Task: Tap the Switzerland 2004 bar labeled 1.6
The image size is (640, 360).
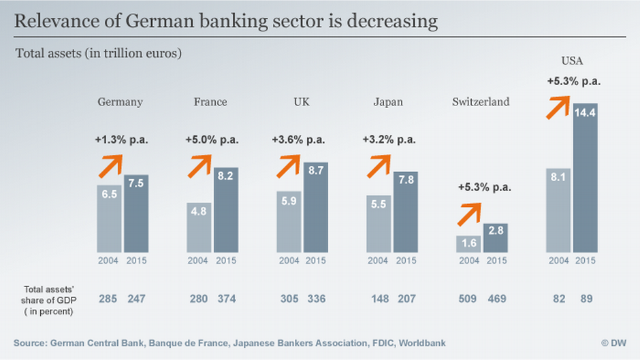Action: click(x=469, y=244)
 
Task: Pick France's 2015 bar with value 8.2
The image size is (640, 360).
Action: click(x=225, y=210)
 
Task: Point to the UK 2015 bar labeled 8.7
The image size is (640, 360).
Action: click(x=315, y=207)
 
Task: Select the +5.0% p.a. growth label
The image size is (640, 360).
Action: click(x=212, y=140)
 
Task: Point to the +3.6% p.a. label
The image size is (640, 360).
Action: click(x=298, y=140)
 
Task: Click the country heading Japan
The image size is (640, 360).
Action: click(x=388, y=102)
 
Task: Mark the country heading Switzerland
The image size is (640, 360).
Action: click(x=481, y=102)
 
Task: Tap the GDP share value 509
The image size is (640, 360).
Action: click(x=469, y=298)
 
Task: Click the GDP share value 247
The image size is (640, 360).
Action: click(x=135, y=298)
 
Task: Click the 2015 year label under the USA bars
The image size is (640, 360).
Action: click(x=586, y=261)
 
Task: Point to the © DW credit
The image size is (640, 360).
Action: click(x=613, y=342)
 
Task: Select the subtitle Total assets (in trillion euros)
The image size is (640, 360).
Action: click(x=98, y=52)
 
